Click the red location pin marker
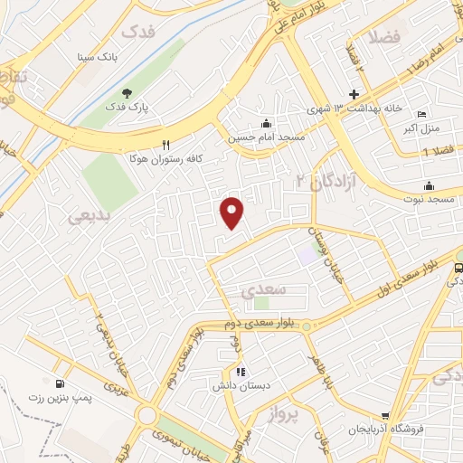click(232, 212)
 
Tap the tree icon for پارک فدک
click(127, 93)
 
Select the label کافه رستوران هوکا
click(206, 156)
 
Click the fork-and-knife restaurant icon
click(165, 145)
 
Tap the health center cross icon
click(354, 95)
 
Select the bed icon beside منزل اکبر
click(421, 115)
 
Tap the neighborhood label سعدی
click(265, 289)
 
